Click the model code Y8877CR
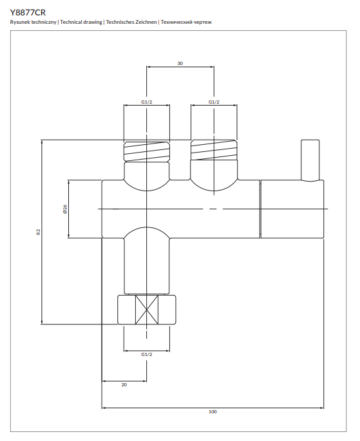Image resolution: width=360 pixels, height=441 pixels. tap(28, 12)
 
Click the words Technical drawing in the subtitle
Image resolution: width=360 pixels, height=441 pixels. tap(81, 23)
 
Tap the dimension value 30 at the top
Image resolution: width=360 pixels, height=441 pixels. tap(180, 63)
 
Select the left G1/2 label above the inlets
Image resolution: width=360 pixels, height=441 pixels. tap(147, 102)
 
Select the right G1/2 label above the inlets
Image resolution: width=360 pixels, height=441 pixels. tap(214, 102)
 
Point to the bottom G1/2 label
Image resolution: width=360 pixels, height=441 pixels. tap(147, 354)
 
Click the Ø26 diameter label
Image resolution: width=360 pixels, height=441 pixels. tap(65, 209)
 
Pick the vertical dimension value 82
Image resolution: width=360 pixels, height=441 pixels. tap(39, 232)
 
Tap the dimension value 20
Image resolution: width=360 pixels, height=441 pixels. tap(124, 384)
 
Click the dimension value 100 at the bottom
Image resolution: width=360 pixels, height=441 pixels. tap(213, 412)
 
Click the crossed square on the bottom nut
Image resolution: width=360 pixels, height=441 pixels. tap(147, 310)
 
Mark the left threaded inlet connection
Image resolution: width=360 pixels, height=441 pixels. tap(147, 152)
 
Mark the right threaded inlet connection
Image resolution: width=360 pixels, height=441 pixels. tap(213, 152)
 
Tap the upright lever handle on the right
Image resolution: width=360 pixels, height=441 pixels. tap(310, 160)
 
